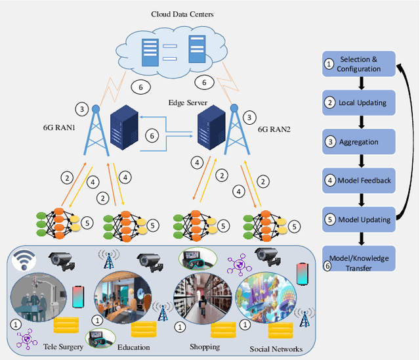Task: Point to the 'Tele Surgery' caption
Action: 60,346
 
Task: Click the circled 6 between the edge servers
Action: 152,136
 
